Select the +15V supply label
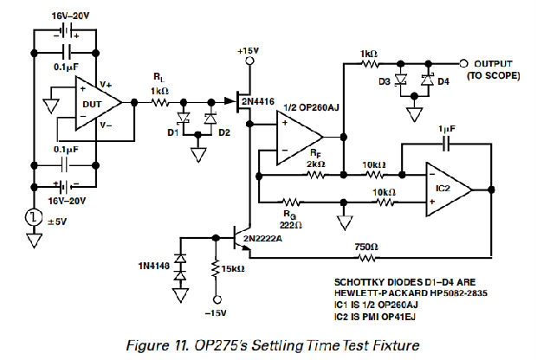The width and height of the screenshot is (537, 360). point(248,51)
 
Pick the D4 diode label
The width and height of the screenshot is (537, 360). point(443,82)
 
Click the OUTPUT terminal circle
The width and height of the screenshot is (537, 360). point(463,63)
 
